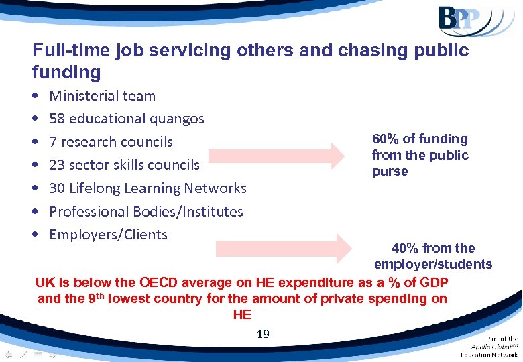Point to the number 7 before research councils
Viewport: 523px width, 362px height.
54,142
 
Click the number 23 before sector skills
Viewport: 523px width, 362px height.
58,165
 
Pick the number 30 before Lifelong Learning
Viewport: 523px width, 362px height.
58,188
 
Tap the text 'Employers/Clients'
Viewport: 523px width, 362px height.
109,235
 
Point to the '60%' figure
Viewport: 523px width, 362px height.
386,139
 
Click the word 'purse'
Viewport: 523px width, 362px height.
390,172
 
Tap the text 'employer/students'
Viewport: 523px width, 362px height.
433,265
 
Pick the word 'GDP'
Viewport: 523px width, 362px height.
433,282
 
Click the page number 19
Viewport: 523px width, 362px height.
263,333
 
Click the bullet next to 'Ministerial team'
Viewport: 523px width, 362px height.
34,96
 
